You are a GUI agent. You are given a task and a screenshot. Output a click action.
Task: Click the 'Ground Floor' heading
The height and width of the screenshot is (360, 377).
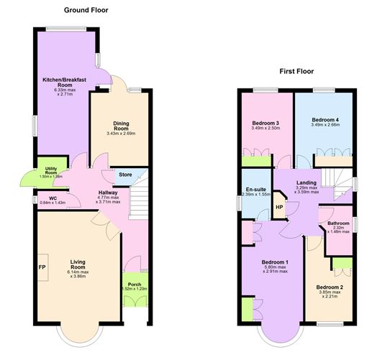click(x=86, y=10)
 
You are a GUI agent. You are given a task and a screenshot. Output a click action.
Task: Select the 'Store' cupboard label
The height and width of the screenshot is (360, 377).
click(x=125, y=175)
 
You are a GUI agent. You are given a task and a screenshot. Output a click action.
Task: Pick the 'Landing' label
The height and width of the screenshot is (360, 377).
click(x=307, y=183)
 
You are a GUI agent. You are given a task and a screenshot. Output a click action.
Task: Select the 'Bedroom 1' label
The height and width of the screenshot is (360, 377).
click(x=276, y=262)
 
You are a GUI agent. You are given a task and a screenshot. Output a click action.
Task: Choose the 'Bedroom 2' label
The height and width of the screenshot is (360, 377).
click(x=330, y=287)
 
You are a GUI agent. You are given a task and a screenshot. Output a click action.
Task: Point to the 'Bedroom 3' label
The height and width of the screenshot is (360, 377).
click(x=267, y=123)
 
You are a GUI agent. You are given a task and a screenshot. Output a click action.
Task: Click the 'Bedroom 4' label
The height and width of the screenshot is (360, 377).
click(x=325, y=119)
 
